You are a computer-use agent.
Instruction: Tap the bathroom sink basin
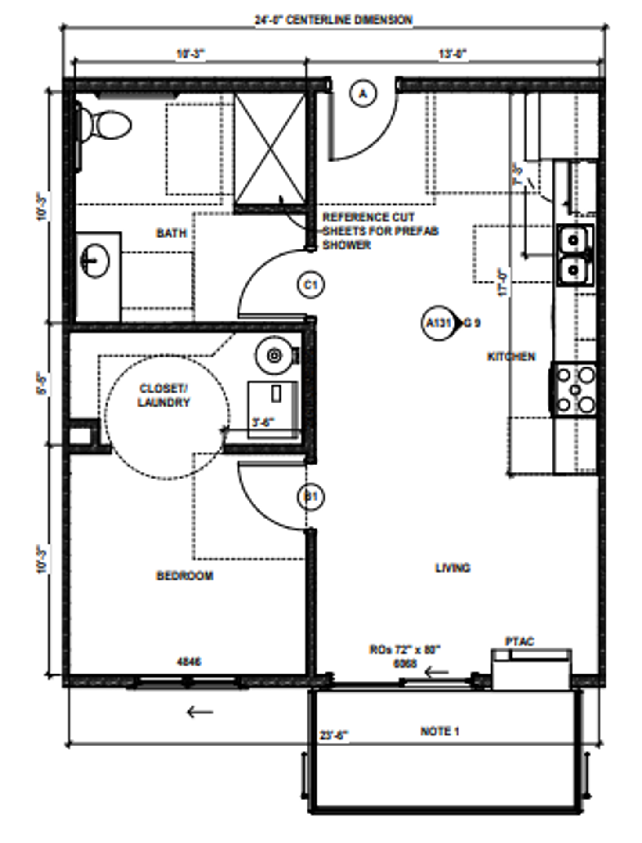point(94,260)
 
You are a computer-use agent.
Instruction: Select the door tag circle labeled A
point(363,94)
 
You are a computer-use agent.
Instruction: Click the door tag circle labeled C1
point(310,285)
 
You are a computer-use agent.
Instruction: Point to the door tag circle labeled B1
point(310,497)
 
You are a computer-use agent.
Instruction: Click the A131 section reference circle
point(439,323)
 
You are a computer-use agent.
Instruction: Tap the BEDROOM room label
point(185,576)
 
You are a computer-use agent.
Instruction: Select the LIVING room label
point(452,568)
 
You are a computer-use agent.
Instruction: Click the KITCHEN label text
point(511,357)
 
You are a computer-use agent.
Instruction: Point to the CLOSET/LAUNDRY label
point(163,395)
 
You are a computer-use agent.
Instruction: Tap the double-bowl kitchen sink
point(574,255)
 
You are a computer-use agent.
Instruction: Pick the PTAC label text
point(519,641)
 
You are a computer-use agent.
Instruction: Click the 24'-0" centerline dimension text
point(333,20)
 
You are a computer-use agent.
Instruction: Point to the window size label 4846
point(189,661)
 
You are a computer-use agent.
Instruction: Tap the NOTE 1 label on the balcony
point(440,731)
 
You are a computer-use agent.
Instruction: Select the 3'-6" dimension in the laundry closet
point(263,422)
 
